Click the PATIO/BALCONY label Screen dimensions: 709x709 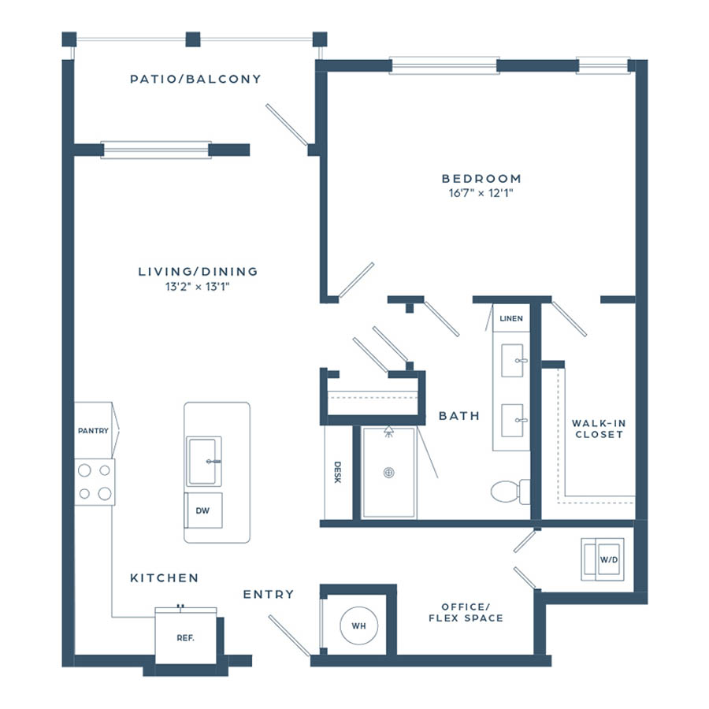tap(195, 79)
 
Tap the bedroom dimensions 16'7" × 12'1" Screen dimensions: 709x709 tap(481, 193)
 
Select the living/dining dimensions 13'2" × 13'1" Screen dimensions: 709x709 tap(198, 286)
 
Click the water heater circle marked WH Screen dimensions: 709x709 tap(359, 625)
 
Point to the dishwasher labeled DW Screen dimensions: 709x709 tap(203, 510)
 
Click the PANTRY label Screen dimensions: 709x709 tap(93, 431)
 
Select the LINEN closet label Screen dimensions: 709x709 tap(511, 318)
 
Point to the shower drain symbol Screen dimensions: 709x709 tap(388, 473)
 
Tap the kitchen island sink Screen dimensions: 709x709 tap(204, 461)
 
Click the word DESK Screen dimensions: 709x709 tap(337, 472)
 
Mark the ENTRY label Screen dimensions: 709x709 tap(269, 594)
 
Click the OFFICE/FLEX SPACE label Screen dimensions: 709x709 tap(466, 612)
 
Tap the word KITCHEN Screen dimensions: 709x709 tap(164, 578)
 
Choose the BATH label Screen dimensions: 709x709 tap(459, 416)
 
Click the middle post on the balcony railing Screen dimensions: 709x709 tap(193, 39)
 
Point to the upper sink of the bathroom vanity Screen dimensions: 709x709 tap(512, 360)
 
